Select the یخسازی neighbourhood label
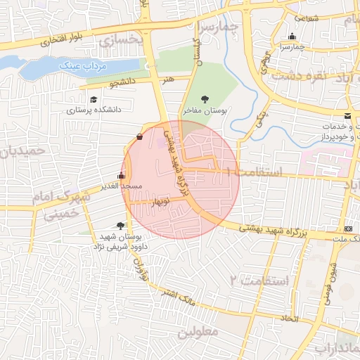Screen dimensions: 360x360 coord(122,41)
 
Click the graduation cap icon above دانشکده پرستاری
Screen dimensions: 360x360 coord(94,99)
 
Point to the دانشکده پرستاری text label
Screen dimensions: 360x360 coord(94,110)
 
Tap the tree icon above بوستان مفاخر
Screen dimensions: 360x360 coord(205,99)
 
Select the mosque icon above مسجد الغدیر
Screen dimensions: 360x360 coord(121,174)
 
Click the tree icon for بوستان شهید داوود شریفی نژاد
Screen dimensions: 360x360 coord(120,226)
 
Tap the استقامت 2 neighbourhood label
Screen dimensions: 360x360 coord(259,281)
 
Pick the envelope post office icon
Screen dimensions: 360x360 coord(347,115)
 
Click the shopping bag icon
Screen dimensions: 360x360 coord(139,136)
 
